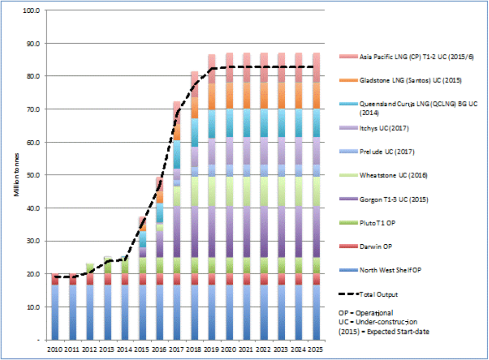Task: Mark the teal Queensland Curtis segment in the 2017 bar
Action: point(176,154)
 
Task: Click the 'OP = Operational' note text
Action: point(366,313)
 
